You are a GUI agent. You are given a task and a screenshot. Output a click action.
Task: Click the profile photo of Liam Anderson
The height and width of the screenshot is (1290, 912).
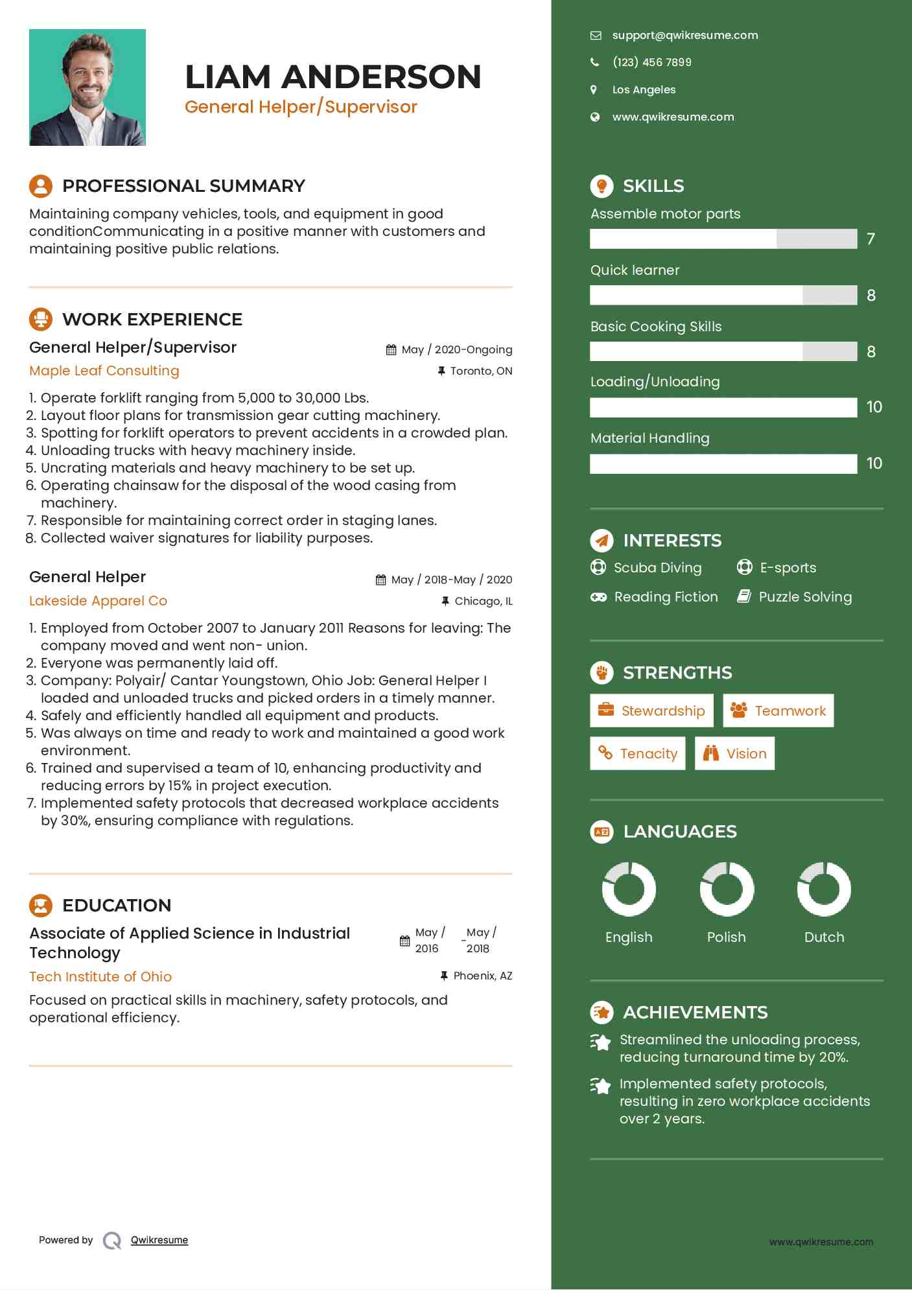point(88,88)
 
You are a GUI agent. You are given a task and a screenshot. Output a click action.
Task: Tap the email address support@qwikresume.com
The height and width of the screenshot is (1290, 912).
point(684,36)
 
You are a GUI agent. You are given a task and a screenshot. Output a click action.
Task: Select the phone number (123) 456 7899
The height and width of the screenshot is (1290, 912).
point(651,62)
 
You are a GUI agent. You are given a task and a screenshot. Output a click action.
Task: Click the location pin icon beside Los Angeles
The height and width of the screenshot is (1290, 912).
point(594,89)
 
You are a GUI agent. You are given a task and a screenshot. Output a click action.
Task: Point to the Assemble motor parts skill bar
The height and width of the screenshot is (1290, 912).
point(723,239)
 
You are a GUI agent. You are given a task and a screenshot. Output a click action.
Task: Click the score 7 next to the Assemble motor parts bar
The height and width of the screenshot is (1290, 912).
point(871,239)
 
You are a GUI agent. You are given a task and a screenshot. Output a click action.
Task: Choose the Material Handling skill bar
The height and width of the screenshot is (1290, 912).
point(723,463)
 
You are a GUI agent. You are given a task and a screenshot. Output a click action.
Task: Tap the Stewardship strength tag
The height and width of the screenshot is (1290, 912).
point(651,710)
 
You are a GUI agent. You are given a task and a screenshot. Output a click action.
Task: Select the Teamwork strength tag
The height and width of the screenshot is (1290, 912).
point(778,710)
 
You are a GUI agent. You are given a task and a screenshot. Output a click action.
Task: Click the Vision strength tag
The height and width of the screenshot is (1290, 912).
point(734,753)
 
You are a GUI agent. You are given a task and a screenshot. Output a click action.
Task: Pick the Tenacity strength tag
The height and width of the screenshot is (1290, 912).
point(637,753)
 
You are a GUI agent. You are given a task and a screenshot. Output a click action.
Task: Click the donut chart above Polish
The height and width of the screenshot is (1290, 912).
point(727,889)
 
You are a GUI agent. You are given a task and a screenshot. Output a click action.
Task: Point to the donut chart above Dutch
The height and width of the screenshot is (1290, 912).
point(824,889)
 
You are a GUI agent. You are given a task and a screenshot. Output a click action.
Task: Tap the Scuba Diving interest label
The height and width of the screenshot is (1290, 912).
point(657,568)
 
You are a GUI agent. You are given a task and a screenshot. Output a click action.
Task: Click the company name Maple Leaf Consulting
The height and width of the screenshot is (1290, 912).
point(104,371)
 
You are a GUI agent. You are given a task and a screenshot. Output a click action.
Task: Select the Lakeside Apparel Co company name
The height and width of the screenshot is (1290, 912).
point(99,601)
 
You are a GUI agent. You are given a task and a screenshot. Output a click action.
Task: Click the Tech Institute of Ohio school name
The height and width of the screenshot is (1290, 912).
point(100,977)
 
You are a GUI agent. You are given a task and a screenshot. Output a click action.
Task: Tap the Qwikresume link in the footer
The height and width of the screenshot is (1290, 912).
point(159,1240)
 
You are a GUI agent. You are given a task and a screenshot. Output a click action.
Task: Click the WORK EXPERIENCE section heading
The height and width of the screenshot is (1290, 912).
point(152,320)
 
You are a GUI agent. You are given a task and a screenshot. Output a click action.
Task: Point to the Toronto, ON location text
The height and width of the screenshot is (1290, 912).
point(481,371)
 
